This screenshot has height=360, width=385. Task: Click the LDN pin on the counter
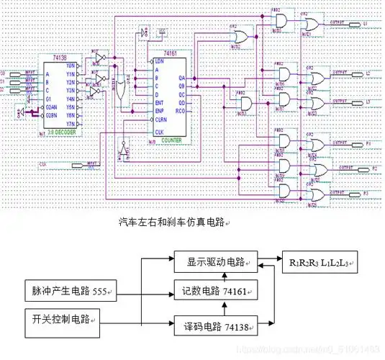point(159,60)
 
